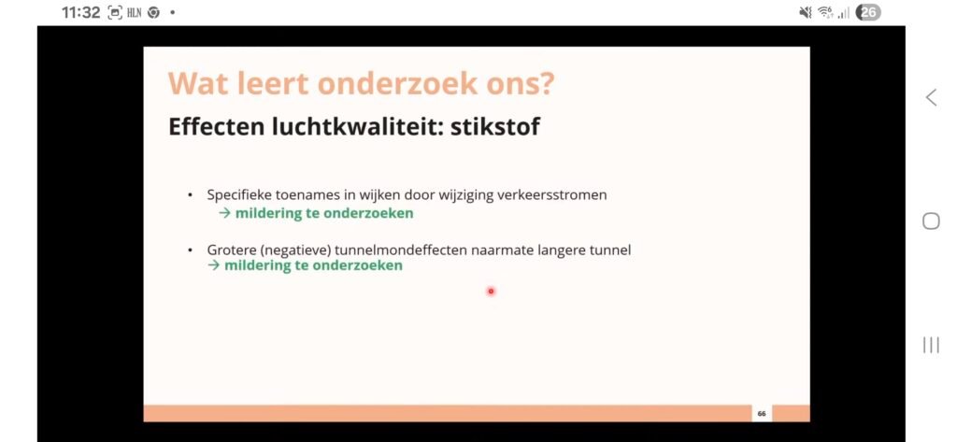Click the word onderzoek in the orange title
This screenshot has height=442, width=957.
click(x=397, y=83)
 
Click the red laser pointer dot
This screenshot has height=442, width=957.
click(x=491, y=292)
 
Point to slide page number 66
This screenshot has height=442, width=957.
click(x=761, y=413)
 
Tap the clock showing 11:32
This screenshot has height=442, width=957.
click(x=80, y=12)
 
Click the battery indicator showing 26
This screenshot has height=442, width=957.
click(x=868, y=13)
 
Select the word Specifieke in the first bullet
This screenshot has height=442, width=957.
click(x=240, y=194)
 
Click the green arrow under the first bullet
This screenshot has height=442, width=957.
click(x=224, y=213)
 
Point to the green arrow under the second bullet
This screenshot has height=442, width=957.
click(x=214, y=265)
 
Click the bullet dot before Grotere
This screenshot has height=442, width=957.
click(x=191, y=250)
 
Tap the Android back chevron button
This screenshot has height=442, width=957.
click(x=931, y=97)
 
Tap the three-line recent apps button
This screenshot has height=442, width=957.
click(x=931, y=345)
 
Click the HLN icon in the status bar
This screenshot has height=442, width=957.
click(x=135, y=12)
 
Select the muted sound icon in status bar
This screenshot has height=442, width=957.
click(x=806, y=13)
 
